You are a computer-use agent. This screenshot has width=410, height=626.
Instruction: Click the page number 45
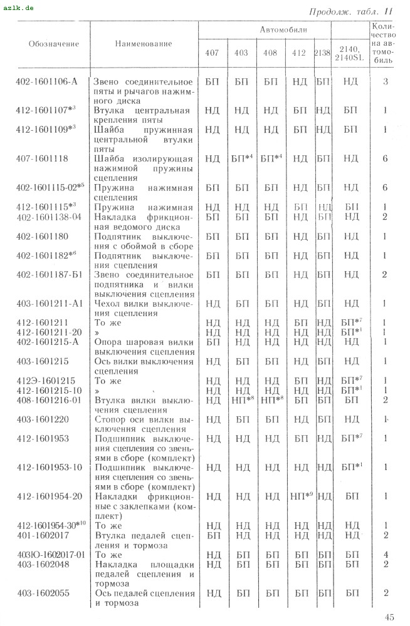[x=389, y=617]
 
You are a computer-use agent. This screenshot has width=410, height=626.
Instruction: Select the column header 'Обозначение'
[x=54, y=44]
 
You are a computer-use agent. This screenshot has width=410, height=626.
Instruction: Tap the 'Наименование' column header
[x=144, y=44]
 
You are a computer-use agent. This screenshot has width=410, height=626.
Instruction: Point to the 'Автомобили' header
[x=281, y=29]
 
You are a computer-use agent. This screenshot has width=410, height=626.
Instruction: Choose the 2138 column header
[x=322, y=53]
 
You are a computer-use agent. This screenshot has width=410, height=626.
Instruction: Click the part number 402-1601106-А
[x=48, y=81]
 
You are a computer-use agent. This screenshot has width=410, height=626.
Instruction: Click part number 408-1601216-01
[x=50, y=399]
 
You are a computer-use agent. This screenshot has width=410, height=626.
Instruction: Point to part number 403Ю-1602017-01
[x=50, y=554]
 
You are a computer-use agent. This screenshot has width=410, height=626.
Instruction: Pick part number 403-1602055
[x=43, y=592]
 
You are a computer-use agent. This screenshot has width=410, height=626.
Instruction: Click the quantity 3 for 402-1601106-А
[x=385, y=81]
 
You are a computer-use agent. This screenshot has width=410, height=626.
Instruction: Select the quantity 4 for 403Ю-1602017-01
[x=385, y=554]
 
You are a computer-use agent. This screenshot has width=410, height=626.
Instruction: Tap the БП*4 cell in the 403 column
[x=242, y=159]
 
